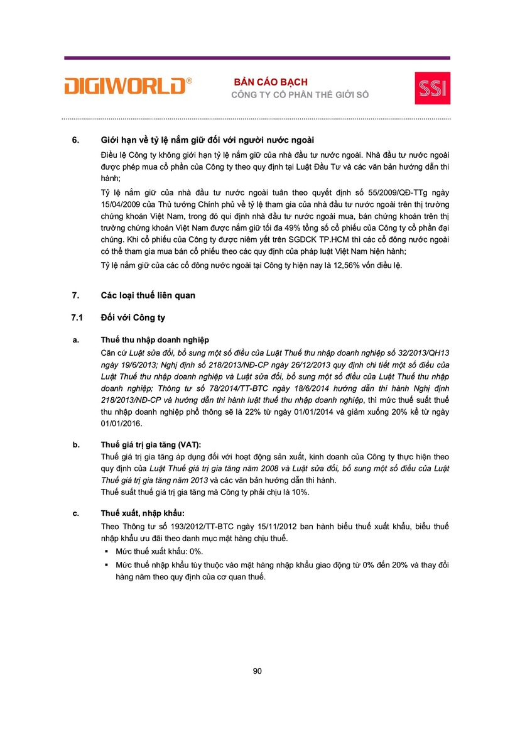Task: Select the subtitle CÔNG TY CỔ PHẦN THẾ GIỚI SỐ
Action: pos(300,95)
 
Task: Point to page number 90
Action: pos(257,671)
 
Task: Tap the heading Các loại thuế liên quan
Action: pos(148,295)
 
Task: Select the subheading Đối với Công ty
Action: pos(133,317)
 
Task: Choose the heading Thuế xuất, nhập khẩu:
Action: pos(143,513)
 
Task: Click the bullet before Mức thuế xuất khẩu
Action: pos(107,551)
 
